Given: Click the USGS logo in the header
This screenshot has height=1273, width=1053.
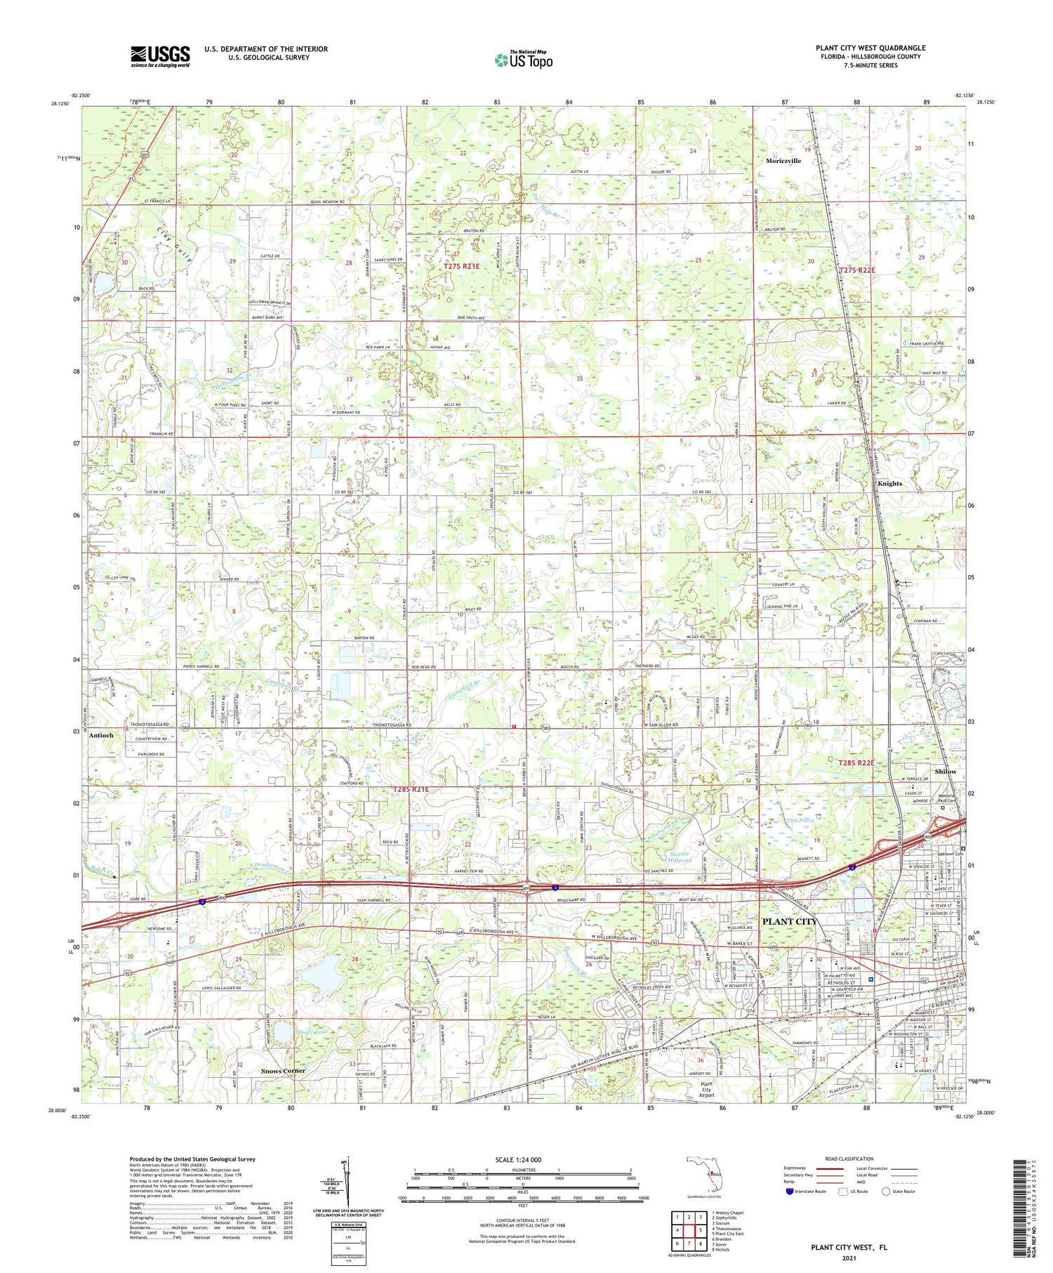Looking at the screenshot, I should click(x=160, y=56).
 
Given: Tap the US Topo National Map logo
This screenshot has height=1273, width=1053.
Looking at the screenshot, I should click(x=523, y=60).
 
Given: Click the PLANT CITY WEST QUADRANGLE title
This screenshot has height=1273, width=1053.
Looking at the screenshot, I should click(x=870, y=48).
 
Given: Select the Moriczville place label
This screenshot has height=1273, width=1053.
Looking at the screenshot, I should click(x=783, y=161).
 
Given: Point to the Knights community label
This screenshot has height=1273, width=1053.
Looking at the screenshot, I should click(x=889, y=484).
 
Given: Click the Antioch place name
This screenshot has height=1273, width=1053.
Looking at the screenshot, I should click(x=101, y=735).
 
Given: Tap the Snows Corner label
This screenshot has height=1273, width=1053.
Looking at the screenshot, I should click(x=283, y=1071).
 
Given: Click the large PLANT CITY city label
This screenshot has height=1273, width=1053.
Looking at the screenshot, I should click(x=790, y=921).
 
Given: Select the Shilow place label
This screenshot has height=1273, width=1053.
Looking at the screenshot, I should click(x=945, y=772).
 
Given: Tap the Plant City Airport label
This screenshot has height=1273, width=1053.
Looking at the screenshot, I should click(x=706, y=1090).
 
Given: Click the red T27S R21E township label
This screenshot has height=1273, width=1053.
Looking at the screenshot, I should click(x=461, y=266).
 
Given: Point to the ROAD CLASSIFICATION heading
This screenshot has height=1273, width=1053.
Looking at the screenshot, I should click(x=849, y=1159).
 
